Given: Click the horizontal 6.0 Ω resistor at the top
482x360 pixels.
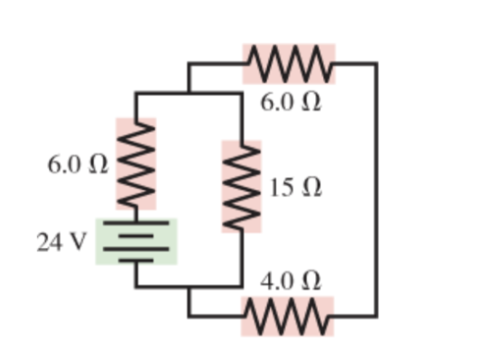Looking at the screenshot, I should (289, 63).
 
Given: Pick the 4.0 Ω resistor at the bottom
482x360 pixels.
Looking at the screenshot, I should (287, 316).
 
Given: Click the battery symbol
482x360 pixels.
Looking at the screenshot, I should (136, 241).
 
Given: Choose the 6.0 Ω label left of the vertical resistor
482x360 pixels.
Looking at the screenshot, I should (79, 165).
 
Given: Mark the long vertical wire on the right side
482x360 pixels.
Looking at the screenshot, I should (376, 189).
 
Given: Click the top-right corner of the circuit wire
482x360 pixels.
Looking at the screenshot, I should (376, 64).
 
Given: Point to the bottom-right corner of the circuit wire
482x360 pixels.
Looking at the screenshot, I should (376, 316).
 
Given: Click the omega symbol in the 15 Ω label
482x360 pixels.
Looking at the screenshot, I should (310, 189).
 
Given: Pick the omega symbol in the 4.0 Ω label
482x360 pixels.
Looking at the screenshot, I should (309, 281).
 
